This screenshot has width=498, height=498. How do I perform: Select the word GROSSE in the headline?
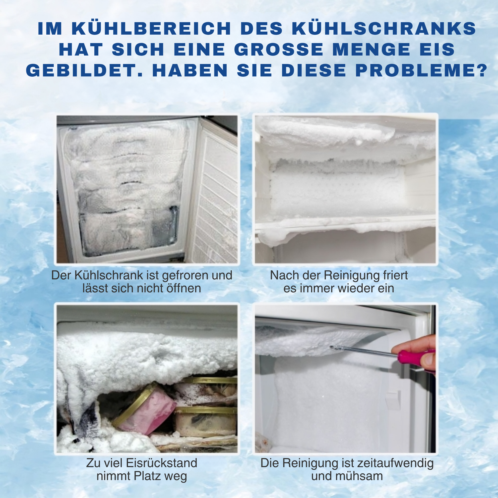[279, 49]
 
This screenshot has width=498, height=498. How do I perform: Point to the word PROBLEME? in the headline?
[422, 70]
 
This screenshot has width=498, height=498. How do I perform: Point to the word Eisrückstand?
[162, 463]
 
